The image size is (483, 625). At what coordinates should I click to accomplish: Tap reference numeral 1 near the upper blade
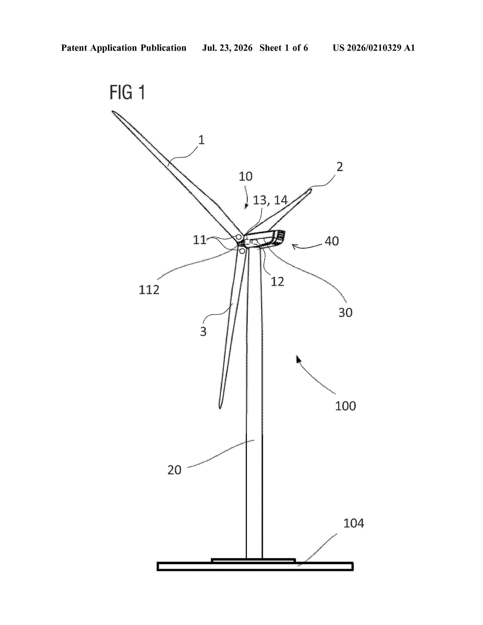click(x=202, y=140)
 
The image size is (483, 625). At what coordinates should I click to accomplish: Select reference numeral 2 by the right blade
click(x=340, y=166)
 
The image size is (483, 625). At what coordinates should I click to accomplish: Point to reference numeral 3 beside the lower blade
click(x=203, y=331)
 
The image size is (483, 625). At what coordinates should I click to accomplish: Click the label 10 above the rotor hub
click(x=245, y=176)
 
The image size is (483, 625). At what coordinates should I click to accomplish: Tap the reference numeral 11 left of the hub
click(x=199, y=240)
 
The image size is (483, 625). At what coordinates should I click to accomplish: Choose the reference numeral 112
click(x=149, y=290)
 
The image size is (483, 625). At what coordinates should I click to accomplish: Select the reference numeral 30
click(x=345, y=312)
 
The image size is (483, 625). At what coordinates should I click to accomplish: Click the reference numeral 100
click(x=345, y=406)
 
